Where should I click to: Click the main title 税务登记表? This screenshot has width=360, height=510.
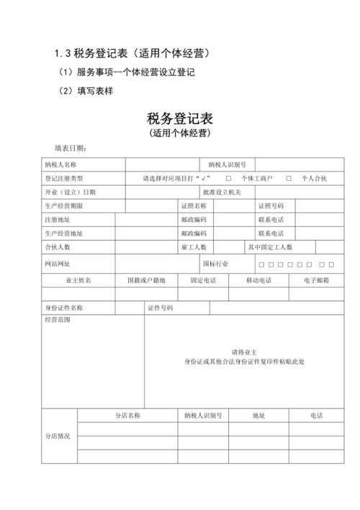click(x=180, y=119)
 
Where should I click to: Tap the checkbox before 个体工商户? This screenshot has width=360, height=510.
click(x=228, y=178)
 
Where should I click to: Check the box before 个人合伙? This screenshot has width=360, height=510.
click(x=289, y=178)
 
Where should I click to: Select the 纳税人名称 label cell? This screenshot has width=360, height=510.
click(x=61, y=164)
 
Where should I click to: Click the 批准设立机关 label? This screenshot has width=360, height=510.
click(x=222, y=192)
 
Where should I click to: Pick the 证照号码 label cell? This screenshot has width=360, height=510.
click(x=271, y=206)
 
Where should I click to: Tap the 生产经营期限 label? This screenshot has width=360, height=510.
click(x=63, y=206)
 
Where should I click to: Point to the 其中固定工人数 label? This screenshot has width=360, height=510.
click(x=270, y=247)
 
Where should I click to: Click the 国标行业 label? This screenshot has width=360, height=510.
click(x=215, y=264)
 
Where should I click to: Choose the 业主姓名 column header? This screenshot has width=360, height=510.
click(x=78, y=280)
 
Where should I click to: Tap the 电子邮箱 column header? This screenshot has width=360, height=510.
click(x=316, y=280)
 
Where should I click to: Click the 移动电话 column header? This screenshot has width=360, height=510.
click(x=258, y=280)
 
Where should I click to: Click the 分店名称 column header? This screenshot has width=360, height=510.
click(x=127, y=416)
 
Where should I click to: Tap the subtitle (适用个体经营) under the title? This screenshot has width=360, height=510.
click(x=180, y=134)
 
